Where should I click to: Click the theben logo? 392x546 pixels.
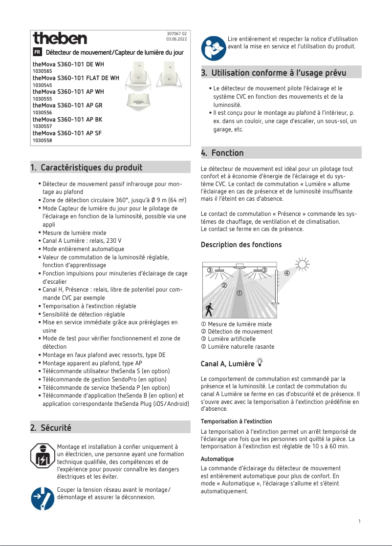pyautogui.click(x=60, y=38)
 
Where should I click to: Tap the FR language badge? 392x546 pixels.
pyautogui.click(x=37, y=52)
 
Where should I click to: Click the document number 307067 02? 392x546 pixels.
pyautogui.click(x=176, y=33)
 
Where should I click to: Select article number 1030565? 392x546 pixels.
pyautogui.click(x=43, y=71)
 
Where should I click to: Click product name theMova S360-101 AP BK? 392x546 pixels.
pyautogui.click(x=67, y=119)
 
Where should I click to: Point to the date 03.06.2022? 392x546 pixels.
pyautogui.click(x=176, y=39)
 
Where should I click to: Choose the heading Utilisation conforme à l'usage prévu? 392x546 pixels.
pyautogui.click(x=274, y=73)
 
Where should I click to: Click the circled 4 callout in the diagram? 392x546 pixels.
pyautogui.click(x=287, y=273)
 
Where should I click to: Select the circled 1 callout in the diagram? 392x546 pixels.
pyautogui.click(x=239, y=293)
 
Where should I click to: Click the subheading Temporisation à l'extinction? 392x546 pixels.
pyautogui.click(x=236, y=421)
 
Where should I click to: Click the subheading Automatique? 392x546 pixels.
pyautogui.click(x=217, y=459)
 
